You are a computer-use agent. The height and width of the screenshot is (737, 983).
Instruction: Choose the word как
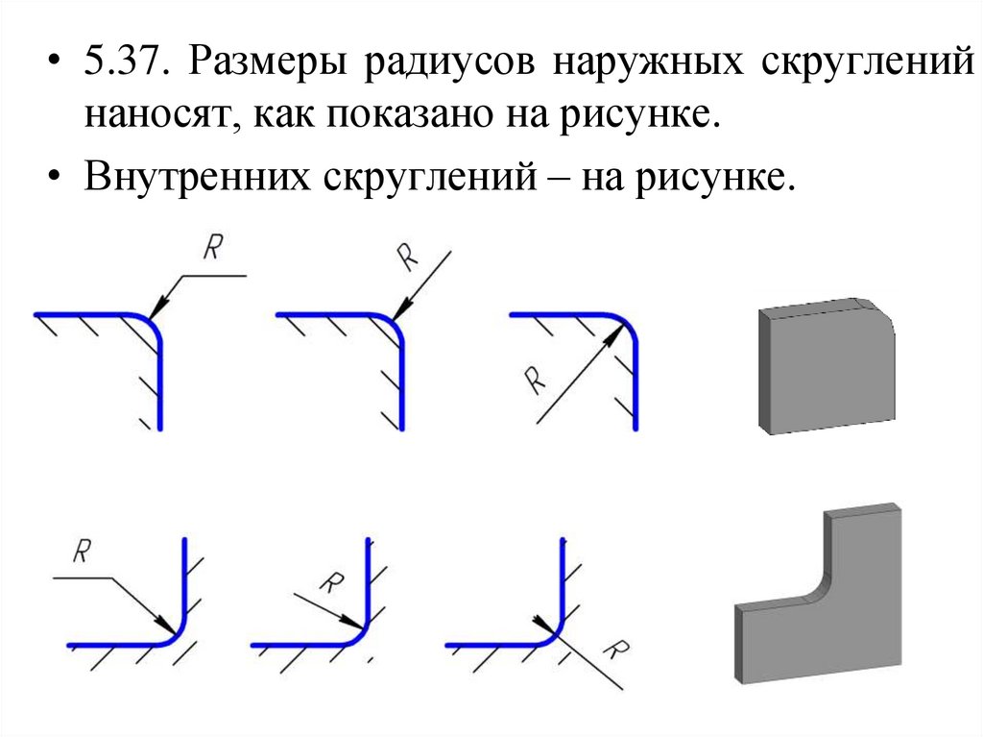click(x=281, y=117)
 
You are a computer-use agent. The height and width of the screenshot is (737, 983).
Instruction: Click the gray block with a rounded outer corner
click(x=827, y=365)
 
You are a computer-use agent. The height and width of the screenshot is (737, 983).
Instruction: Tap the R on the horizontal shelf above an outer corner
click(x=213, y=250)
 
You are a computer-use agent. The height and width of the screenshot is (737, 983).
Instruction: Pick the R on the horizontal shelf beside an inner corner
click(x=83, y=553)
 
